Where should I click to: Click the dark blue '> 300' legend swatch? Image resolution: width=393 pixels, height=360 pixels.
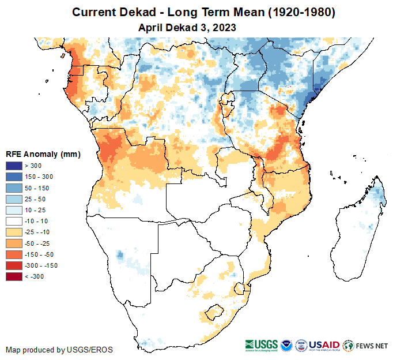tap(14, 166)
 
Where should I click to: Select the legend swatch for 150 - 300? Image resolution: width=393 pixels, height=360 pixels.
tap(14, 177)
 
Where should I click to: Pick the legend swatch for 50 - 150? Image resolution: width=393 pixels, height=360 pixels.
tap(14, 188)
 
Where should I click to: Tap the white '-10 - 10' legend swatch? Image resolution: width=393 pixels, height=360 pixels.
tap(14, 221)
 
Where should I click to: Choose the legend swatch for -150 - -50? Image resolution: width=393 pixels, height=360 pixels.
tap(14, 254)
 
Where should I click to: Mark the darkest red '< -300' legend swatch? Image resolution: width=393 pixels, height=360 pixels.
tap(14, 276)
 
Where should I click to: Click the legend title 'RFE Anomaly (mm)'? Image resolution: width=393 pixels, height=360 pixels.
tap(43, 154)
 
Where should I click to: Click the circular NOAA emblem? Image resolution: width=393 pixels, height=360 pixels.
tap(286, 345)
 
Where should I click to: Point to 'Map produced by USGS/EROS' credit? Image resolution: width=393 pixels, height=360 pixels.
tap(59, 350)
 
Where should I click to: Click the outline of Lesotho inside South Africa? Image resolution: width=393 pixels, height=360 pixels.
tap(216, 312)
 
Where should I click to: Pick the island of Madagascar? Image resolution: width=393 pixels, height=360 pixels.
tap(357, 231)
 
